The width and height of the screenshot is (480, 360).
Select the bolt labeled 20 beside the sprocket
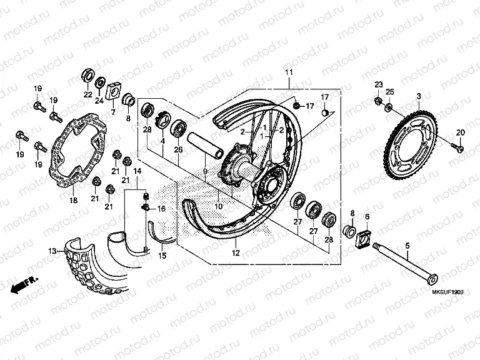click(459, 147)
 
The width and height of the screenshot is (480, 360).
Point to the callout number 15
click(161, 256)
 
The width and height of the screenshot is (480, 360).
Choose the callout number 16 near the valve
click(161, 209)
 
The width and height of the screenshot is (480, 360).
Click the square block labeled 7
click(113, 91)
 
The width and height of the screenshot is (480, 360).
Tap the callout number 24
click(99, 101)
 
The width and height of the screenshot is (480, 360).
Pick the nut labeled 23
click(378, 101)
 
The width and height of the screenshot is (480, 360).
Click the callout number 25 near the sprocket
click(391, 92)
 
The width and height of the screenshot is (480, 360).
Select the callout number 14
click(137, 170)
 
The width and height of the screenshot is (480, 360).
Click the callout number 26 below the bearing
click(178, 149)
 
